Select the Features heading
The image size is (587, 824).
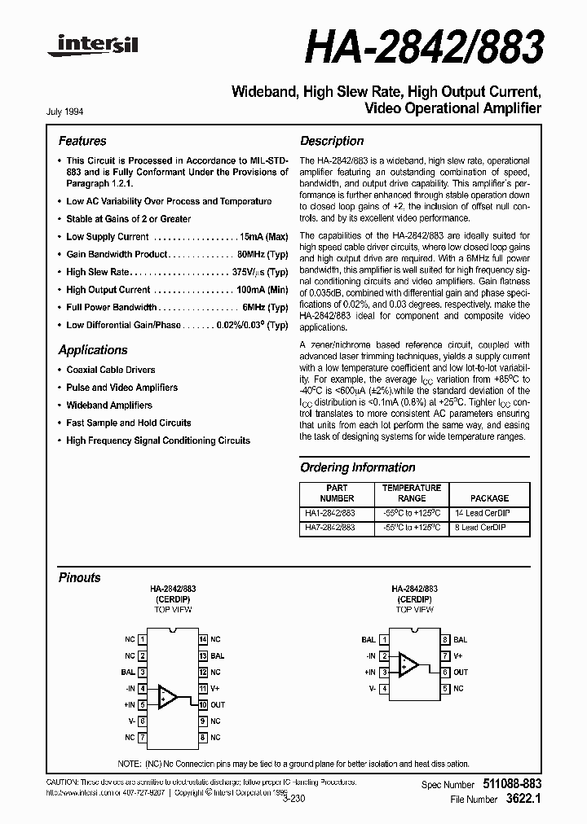pos(82,141)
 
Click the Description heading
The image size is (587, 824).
pos(332,141)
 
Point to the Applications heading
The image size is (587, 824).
pos(93,350)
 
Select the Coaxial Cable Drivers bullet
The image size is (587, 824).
pos(110,370)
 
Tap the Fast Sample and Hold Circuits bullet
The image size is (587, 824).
pos(128,423)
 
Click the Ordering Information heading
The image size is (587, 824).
pos(358,467)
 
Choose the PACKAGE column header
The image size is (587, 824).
pos(489,497)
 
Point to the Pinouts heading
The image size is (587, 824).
pos(80,577)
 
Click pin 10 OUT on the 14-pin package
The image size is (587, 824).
pos(204,704)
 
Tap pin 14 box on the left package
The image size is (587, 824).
pos(204,640)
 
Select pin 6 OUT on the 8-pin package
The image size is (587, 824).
pos(446,672)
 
